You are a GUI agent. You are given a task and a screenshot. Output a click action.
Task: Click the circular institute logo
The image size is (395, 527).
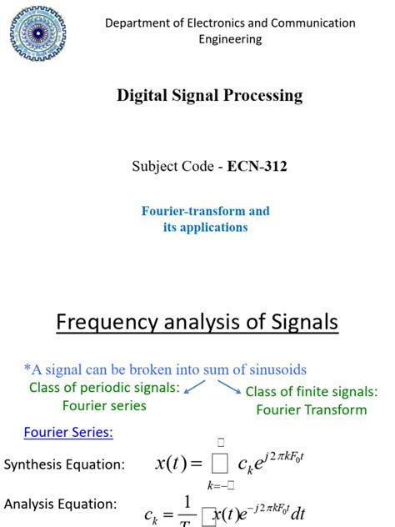(x=37, y=34)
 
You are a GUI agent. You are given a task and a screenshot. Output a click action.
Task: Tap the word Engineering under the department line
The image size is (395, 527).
(x=230, y=38)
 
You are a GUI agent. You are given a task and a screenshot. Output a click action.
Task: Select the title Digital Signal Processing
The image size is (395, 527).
(x=209, y=96)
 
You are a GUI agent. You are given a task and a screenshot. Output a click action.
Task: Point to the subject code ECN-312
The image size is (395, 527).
(x=258, y=167)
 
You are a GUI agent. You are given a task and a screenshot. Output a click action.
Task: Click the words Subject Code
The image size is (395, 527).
(x=172, y=167)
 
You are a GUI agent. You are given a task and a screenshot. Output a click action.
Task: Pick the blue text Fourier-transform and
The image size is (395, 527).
(x=206, y=211)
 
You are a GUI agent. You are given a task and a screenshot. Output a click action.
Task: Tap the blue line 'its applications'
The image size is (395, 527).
(x=206, y=227)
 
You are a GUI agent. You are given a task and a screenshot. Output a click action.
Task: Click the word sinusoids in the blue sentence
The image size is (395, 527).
(x=272, y=369)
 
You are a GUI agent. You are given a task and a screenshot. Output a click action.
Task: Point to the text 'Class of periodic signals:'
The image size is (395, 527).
(x=103, y=388)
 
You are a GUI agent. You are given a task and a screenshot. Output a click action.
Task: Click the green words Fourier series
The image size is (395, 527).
(x=104, y=406)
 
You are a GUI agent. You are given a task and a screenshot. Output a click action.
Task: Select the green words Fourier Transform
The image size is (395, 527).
(x=311, y=409)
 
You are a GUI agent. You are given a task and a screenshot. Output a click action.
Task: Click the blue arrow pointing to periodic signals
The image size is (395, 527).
(x=195, y=386)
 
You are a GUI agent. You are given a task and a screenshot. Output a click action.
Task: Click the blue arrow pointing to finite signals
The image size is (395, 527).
(x=227, y=387)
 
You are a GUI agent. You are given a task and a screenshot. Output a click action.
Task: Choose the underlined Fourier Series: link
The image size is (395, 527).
(x=68, y=432)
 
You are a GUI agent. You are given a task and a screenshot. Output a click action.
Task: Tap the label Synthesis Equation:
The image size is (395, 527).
(x=64, y=464)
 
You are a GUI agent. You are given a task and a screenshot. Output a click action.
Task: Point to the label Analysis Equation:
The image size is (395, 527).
(x=60, y=504)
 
